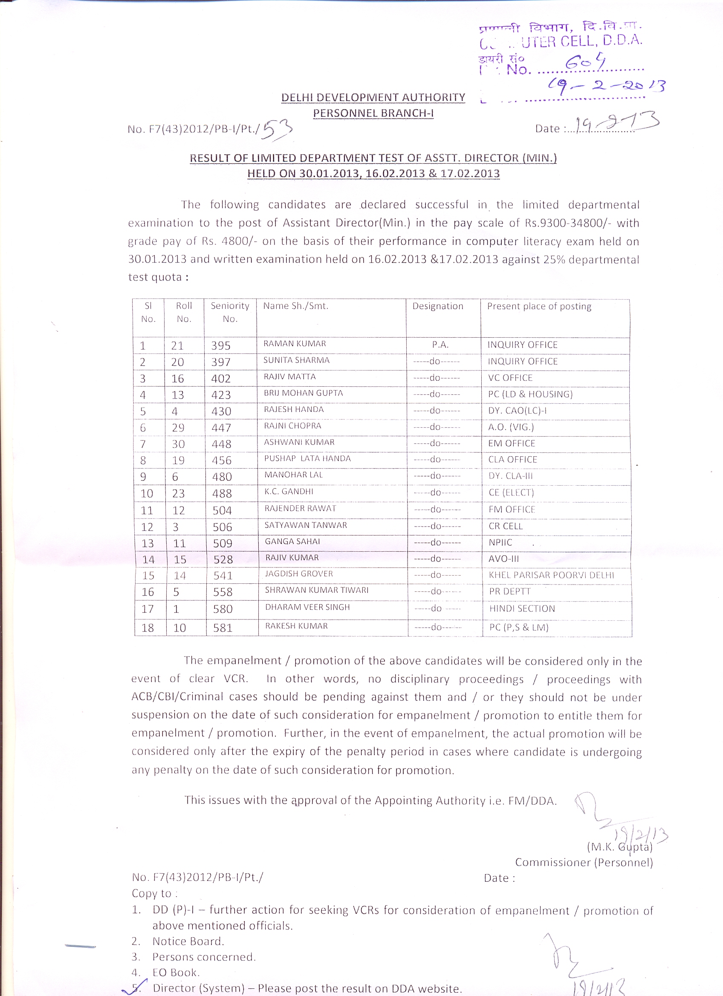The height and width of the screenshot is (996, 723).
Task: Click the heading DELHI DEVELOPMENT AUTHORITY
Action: [373, 98]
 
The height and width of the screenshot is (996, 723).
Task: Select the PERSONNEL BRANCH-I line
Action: [373, 113]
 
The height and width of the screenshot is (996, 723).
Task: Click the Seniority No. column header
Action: [230, 312]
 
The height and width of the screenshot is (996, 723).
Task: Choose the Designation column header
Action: [438, 306]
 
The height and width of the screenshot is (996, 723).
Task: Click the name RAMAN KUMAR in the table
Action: [295, 344]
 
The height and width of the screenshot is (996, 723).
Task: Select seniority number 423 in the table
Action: [221, 395]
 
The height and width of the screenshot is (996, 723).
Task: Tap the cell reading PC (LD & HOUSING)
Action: [530, 394]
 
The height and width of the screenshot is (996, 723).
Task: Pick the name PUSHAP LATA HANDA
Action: [307, 458]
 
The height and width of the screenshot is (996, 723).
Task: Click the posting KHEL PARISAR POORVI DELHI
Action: [551, 575]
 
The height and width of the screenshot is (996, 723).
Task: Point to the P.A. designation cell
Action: [440, 345]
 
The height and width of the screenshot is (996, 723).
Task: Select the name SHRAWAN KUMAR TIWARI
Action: [316, 590]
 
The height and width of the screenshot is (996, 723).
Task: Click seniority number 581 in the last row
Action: [223, 628]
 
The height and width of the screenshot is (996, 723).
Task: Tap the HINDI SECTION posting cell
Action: [522, 609]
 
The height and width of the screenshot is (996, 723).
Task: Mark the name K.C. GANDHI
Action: [289, 492]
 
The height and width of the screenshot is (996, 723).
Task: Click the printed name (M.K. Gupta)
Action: [619, 847]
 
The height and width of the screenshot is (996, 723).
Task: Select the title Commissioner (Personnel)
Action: [584, 863]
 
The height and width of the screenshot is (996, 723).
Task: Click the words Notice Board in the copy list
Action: [188, 941]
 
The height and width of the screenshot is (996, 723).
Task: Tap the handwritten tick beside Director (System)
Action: [132, 988]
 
